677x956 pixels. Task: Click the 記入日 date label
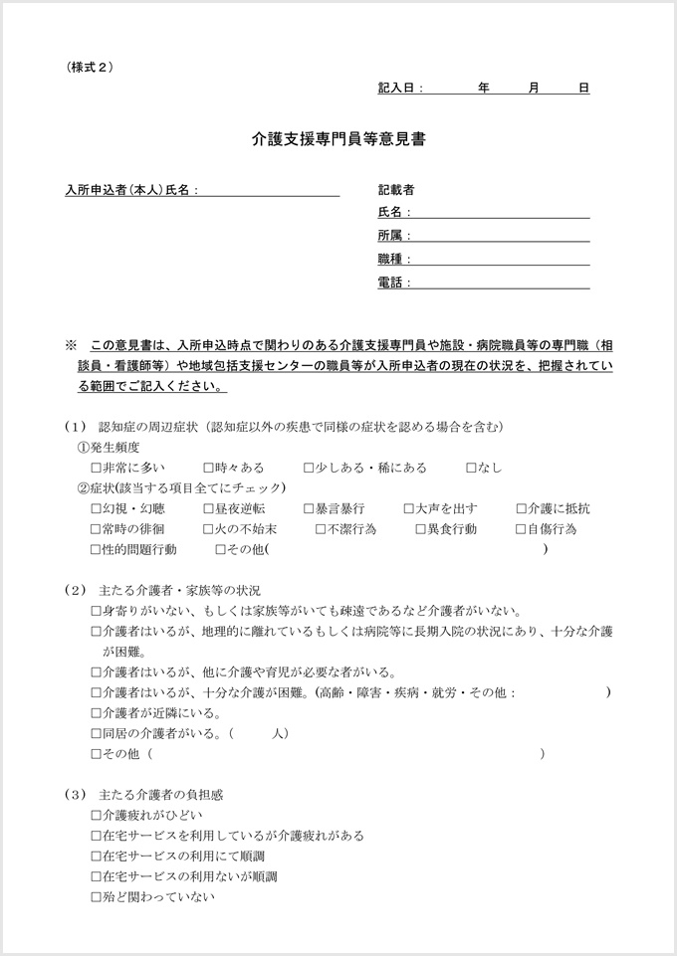[x=400, y=89]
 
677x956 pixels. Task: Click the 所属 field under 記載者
[x=498, y=236]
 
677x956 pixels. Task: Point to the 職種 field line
[x=498, y=259]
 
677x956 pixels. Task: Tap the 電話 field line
[x=498, y=283]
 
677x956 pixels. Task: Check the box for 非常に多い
[x=96, y=468]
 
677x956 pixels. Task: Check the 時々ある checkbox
[x=208, y=468]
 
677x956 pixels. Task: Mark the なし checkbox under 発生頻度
[x=472, y=468]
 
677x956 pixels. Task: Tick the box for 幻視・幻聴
[x=96, y=508]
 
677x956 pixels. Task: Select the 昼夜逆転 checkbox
[x=208, y=508]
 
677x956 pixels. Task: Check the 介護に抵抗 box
[x=522, y=508]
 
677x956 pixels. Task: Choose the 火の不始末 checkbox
[x=208, y=529]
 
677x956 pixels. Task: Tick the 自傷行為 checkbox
[x=522, y=529]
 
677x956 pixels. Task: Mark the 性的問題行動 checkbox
[x=96, y=549]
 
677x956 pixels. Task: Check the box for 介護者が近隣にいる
[x=96, y=713]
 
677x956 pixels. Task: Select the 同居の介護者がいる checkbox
[x=96, y=733]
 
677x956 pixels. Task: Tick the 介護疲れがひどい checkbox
[x=96, y=815]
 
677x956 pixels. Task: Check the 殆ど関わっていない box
[x=96, y=896]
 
